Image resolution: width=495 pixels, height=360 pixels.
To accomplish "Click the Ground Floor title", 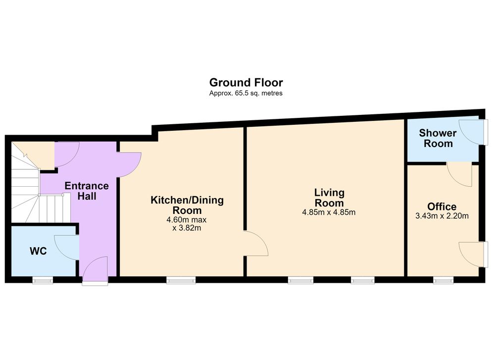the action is pos(246,82).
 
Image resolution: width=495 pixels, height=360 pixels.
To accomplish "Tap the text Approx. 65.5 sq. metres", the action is pos(246,93).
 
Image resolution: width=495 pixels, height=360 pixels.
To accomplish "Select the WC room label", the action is pos(38,251).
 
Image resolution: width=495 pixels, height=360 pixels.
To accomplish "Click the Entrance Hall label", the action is pos(87,191).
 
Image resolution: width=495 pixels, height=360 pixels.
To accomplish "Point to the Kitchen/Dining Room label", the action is pos(187,205).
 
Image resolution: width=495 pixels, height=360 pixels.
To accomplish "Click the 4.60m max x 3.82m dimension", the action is pos(187,224).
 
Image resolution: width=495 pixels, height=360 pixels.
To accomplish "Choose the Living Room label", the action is pos(329,198).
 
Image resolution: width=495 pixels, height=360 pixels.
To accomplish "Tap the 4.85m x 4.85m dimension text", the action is pos(329,212).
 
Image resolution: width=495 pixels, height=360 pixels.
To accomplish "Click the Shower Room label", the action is pos(438,138).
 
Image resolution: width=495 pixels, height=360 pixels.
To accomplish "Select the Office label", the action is pos(442,206).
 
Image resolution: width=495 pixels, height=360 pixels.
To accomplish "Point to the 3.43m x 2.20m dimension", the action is pos(442,216).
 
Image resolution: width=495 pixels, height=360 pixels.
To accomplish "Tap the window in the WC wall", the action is pos(43,280).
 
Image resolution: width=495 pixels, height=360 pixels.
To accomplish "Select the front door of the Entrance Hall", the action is pos(95,271).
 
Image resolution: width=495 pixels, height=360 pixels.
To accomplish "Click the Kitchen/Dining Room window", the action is pos(181,280).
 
